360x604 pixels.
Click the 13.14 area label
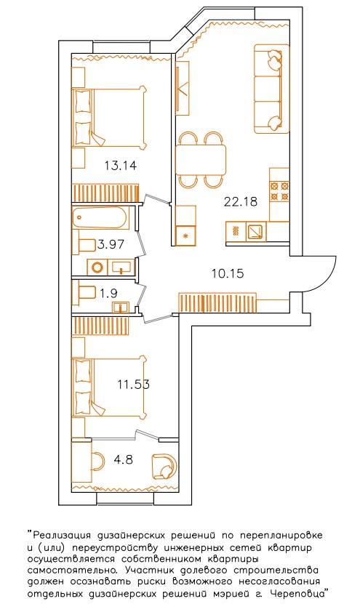point(120,166)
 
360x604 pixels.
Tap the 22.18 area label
point(240,201)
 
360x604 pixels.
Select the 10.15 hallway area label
point(228,273)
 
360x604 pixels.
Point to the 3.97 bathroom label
point(111,244)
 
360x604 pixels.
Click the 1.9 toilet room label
point(108,294)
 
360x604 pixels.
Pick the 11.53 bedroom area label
point(133,384)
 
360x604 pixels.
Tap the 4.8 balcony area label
point(124,459)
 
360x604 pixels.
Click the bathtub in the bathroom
point(100,218)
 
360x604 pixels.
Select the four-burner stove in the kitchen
point(279,191)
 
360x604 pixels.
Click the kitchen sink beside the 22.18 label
point(255,232)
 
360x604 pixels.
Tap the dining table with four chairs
point(201,159)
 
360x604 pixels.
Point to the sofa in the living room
point(272,89)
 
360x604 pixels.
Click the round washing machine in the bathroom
point(97,267)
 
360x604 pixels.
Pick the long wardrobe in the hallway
point(217,303)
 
